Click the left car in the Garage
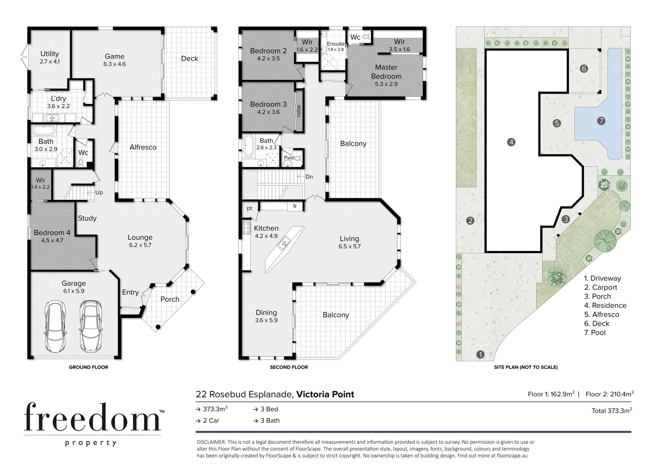pos(55,326)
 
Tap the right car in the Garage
pos(90,326)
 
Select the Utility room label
pos(49,54)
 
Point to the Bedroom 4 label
pos(52,232)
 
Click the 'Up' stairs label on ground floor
pos(99,192)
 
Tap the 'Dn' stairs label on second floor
pos(309,177)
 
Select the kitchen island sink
pos(283,244)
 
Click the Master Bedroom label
pos(386,72)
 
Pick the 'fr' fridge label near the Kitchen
pos(295,206)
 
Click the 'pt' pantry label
pos(249,208)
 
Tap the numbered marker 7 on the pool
pos(601,121)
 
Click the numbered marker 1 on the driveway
pos(480,354)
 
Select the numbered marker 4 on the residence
pos(511,142)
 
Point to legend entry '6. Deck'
pos(596,324)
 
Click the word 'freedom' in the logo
pos(92,418)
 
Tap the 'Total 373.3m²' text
pos(611,411)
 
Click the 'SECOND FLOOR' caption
pos(289,367)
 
